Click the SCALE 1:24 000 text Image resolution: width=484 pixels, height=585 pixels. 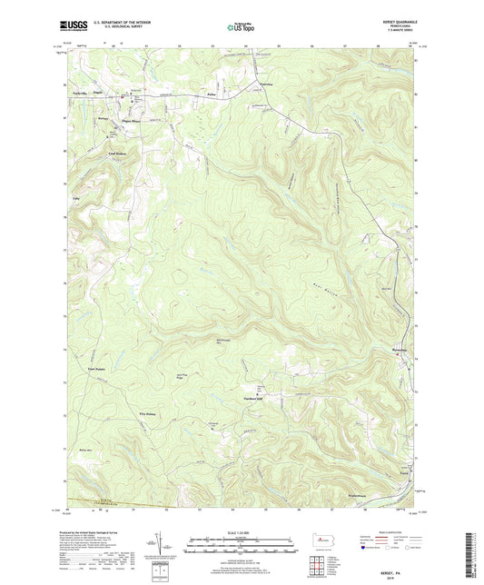coord(242,533)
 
